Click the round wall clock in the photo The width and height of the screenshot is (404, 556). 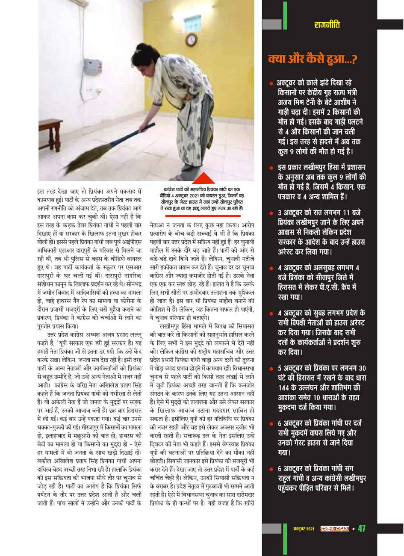(192, 40)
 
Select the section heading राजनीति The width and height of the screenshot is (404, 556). (327, 25)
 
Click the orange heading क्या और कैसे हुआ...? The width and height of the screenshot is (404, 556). (312, 59)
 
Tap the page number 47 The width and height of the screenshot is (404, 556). (362, 529)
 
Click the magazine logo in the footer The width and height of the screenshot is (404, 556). (334, 529)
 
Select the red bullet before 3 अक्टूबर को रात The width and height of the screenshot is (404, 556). (271, 213)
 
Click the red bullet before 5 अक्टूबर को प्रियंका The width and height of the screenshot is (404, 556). (271, 369)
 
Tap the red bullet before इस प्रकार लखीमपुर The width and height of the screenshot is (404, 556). (271, 168)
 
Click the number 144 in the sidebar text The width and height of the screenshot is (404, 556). (285, 388)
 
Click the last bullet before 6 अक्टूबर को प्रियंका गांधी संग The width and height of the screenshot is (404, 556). (271, 469)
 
